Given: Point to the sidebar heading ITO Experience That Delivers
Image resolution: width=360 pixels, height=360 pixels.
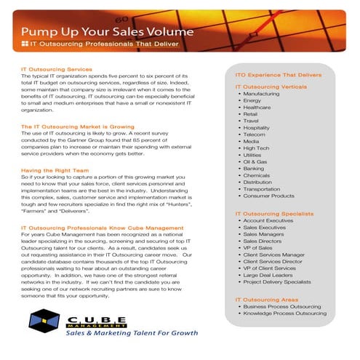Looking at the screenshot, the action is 276,75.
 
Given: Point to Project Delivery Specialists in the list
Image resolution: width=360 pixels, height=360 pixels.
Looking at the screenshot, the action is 281,283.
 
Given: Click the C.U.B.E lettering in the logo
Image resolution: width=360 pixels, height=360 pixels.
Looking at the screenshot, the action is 99,318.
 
